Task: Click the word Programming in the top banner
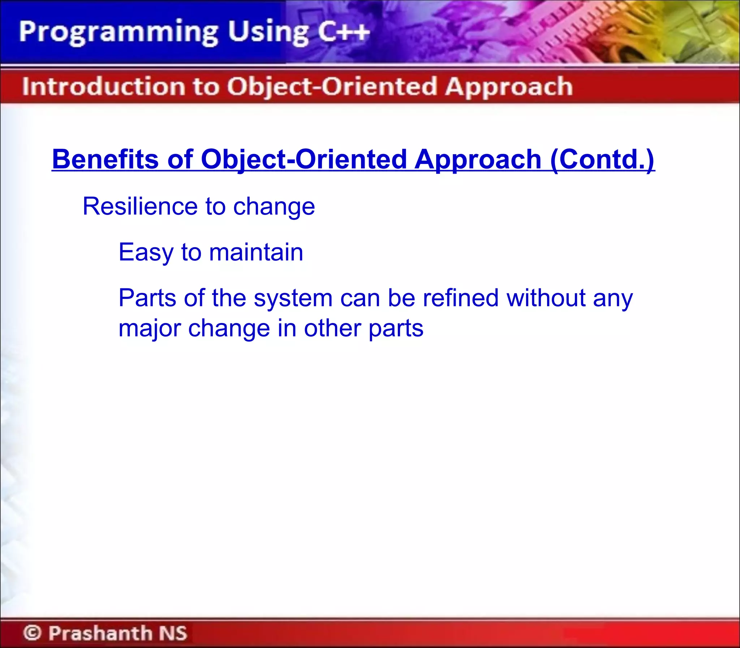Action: (118, 32)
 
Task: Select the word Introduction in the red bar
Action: (103, 87)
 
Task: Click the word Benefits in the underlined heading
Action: (105, 159)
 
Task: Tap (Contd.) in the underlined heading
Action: (602, 159)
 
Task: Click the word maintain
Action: (256, 252)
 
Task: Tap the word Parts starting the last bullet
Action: (147, 298)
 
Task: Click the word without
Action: (546, 298)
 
